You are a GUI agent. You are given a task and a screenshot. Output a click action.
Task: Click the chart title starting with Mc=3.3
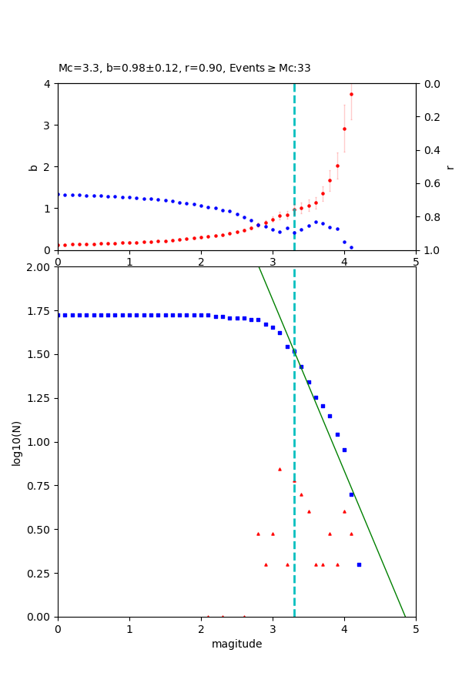185,69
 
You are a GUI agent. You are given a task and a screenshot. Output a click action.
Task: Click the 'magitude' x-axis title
236,644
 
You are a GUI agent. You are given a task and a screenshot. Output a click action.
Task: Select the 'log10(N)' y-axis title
16,442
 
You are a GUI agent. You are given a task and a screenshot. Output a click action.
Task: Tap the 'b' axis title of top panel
33,166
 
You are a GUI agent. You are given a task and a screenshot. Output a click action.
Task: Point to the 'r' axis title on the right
450,166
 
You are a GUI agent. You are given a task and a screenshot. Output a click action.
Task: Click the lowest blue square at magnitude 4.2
359,564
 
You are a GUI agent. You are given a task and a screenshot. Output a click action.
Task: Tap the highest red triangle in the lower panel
280,469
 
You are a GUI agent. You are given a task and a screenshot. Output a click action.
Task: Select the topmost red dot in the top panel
351,94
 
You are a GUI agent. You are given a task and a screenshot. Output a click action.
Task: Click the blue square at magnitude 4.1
351,494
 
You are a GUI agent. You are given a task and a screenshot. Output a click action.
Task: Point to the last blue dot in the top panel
351,247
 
